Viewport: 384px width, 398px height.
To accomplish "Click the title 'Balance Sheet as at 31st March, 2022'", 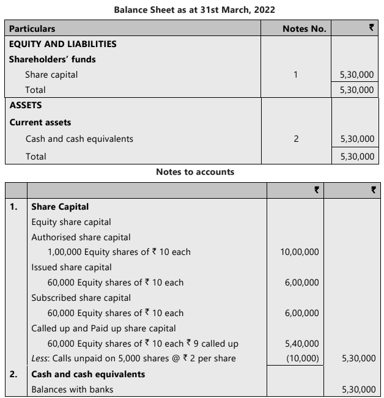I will pyautogui.click(x=194, y=10).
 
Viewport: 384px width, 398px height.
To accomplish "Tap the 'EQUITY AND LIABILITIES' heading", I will pyautogui.click(x=62, y=44).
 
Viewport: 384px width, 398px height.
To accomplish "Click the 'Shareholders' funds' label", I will pyautogui.click(x=52, y=59).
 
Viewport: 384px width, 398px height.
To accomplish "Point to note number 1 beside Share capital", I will pyautogui.click(x=296, y=75).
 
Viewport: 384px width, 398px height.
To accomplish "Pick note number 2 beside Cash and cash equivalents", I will pyautogui.click(x=296, y=139).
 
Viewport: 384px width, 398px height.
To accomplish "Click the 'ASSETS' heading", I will pyautogui.click(x=26, y=105).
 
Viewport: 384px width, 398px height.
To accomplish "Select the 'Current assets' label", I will pyautogui.click(x=40, y=122).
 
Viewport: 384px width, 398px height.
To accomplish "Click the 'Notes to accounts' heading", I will pyautogui.click(x=195, y=172).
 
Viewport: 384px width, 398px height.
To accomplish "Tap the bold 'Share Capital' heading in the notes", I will pyautogui.click(x=60, y=207).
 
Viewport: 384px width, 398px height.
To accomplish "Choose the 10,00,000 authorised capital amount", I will pyautogui.click(x=300, y=252).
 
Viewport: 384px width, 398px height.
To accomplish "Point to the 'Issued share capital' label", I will pyautogui.click(x=71, y=267).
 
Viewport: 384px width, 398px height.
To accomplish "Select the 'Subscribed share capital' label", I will pyautogui.click(x=81, y=298).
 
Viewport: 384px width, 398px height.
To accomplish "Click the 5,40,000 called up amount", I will pyautogui.click(x=302, y=344).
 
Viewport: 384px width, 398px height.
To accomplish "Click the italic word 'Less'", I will pyautogui.click(x=40, y=358).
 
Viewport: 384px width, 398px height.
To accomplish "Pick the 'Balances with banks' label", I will pyautogui.click(x=72, y=389).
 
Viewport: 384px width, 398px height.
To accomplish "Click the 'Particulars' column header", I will pyautogui.click(x=32, y=29).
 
